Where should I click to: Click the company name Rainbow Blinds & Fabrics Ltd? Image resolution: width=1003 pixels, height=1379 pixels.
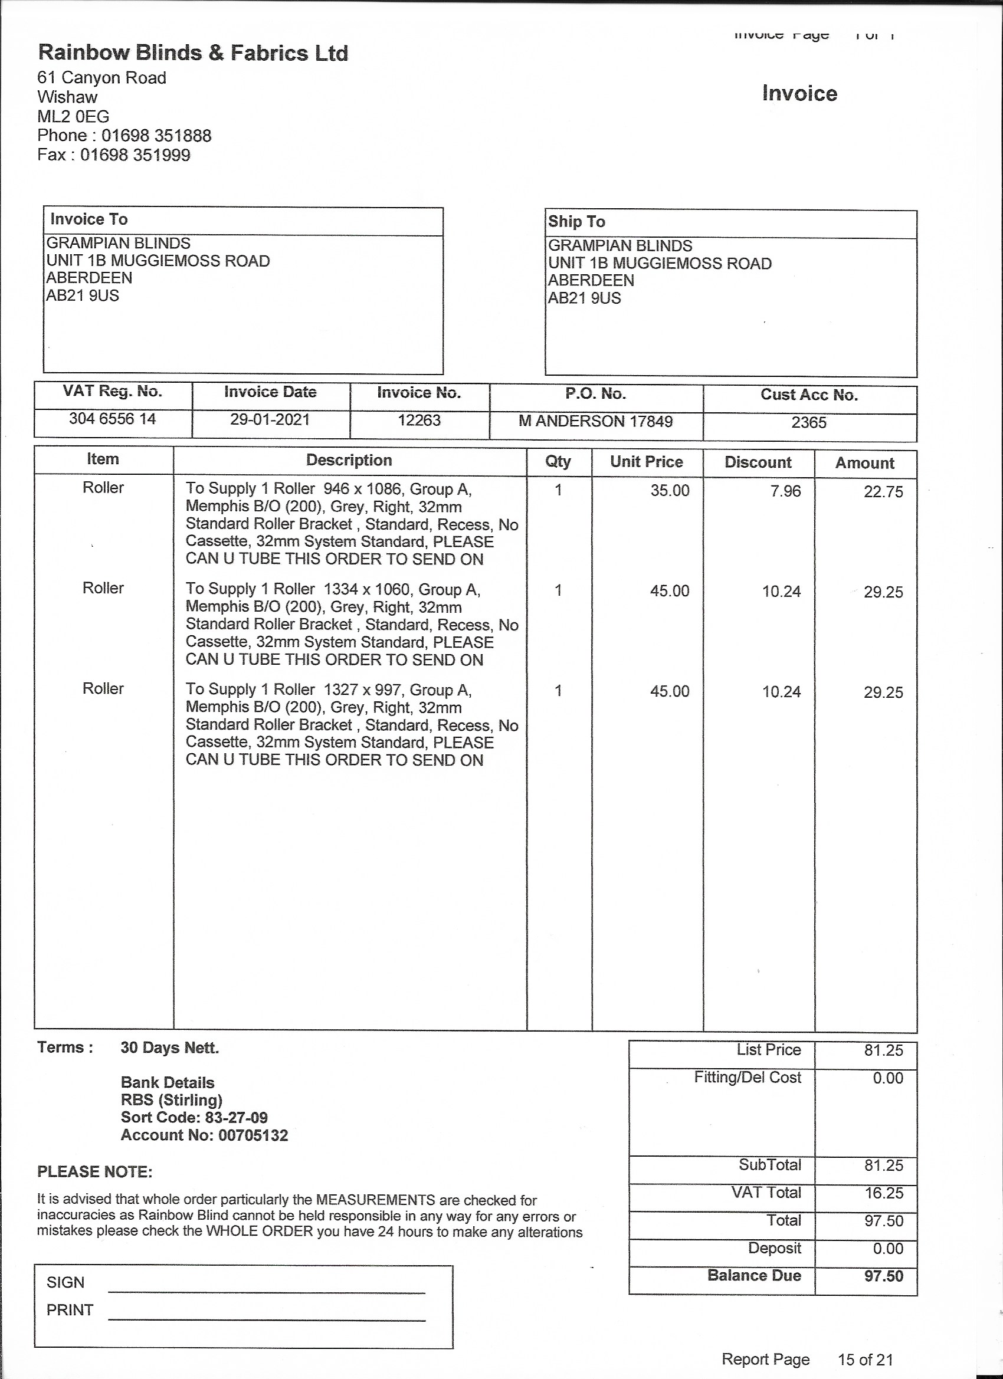193,54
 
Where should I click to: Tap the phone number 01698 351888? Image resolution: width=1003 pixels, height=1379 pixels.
156,136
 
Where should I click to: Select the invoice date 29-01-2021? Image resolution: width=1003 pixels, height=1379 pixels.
270,419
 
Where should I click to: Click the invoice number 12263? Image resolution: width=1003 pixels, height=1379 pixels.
418,421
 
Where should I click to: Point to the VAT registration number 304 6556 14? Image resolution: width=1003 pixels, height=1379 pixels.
113,419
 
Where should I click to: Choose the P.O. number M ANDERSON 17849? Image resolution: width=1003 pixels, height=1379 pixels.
595,421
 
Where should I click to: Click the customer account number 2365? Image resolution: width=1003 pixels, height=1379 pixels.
808,422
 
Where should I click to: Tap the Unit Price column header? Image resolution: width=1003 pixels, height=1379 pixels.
647,461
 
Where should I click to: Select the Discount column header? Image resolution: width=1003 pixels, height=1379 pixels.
758,462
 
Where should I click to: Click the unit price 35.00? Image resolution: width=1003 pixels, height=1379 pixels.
670,491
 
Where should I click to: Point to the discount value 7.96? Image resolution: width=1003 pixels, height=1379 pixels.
785,491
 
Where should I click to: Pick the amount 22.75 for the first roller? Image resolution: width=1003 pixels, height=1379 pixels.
883,492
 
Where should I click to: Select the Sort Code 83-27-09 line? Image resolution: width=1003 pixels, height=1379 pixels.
194,1118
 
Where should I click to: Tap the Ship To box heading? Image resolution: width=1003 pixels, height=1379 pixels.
576,222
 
